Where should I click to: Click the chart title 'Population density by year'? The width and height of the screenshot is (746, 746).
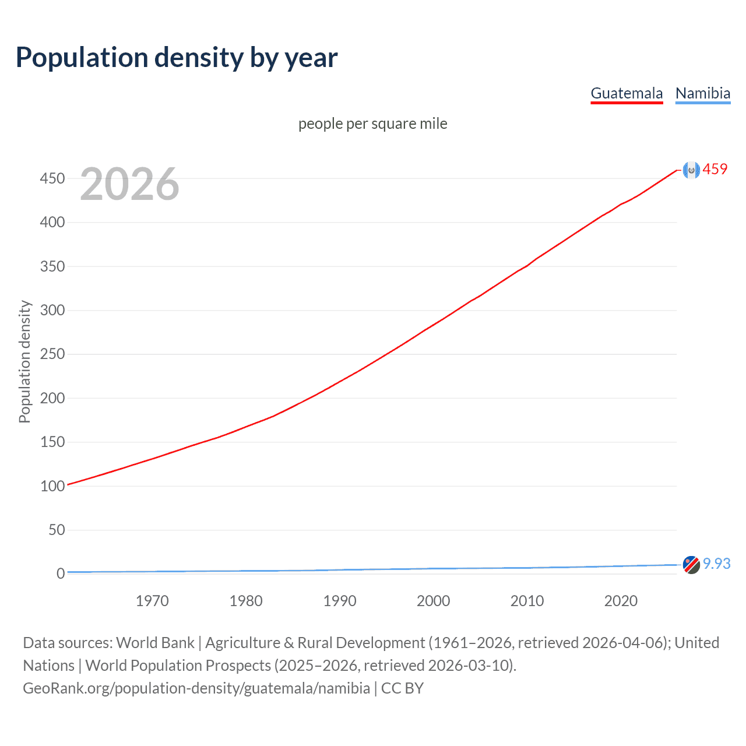click(x=177, y=58)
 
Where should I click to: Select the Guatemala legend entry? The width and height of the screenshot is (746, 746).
click(x=627, y=93)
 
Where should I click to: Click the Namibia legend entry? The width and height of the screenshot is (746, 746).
click(x=702, y=93)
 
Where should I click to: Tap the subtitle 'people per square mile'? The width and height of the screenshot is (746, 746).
click(x=372, y=124)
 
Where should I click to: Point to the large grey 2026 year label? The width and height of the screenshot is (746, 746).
click(x=129, y=184)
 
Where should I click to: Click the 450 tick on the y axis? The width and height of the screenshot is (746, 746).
click(x=52, y=178)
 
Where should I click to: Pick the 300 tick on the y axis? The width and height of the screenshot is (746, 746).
click(x=52, y=310)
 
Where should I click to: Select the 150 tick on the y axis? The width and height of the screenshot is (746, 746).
click(x=52, y=442)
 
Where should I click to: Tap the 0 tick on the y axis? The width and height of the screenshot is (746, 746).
click(x=60, y=573)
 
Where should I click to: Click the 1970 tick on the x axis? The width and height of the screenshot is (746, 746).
click(x=152, y=601)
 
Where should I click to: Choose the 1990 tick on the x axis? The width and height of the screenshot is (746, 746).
click(x=340, y=601)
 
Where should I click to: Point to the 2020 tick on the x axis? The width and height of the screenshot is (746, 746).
click(x=621, y=601)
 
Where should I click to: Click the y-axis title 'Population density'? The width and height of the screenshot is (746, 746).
click(x=24, y=361)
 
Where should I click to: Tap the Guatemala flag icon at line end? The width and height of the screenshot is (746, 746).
click(x=691, y=170)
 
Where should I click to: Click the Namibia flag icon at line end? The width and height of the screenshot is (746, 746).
click(x=691, y=565)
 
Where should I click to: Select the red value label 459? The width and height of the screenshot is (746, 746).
click(x=715, y=169)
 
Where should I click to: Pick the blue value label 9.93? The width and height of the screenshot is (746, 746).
click(x=716, y=564)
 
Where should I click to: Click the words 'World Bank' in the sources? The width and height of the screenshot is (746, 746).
click(x=155, y=642)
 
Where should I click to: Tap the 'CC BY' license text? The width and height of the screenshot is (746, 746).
click(x=402, y=688)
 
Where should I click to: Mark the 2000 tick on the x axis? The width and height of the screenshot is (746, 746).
click(x=434, y=601)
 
